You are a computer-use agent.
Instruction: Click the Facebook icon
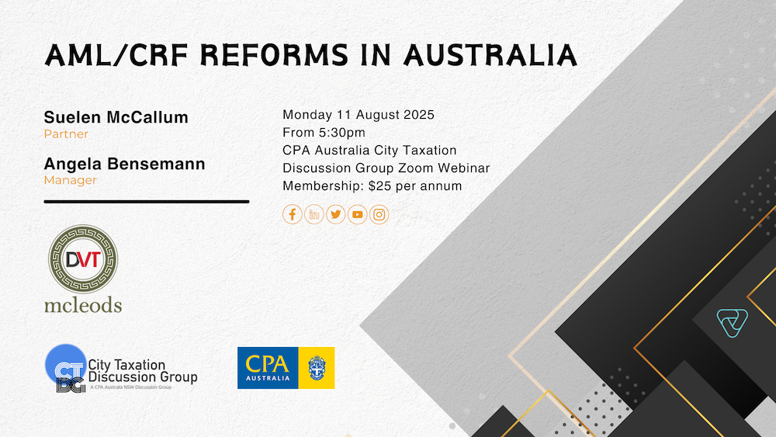292,214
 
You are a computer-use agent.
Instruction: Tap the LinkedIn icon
314,214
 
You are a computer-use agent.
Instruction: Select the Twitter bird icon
335,214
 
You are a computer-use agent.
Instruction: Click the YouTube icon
357,214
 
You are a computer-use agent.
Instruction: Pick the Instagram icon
379,214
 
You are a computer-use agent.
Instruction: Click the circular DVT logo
83,258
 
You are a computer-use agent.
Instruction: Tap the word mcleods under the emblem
83,305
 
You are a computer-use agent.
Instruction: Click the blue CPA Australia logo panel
268,368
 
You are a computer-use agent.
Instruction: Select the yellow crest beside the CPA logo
317,368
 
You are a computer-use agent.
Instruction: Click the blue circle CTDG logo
65,366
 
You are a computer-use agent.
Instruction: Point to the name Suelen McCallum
116,117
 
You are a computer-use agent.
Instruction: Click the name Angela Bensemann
124,164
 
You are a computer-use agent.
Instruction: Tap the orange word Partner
66,134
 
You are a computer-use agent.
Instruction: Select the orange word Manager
71,180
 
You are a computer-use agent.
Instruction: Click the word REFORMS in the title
274,55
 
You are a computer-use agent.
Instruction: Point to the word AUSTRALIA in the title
490,55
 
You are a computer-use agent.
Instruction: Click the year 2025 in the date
419,115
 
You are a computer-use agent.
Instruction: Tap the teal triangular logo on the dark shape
733,323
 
